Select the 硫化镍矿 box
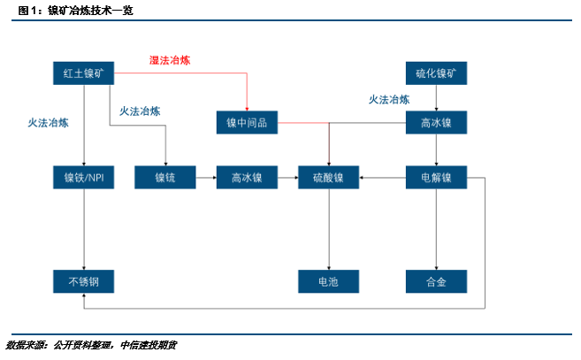[x=435, y=73]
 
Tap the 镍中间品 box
[x=247, y=123]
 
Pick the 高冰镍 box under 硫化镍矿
[x=435, y=123]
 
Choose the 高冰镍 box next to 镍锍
[x=247, y=177]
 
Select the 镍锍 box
[x=164, y=177]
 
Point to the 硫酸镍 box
[x=328, y=177]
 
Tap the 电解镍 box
[x=435, y=177]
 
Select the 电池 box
[x=328, y=282]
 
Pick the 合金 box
[x=435, y=282]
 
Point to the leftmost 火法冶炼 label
[x=48, y=124]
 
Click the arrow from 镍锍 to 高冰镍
[x=205, y=177]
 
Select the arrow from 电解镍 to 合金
[x=436, y=230]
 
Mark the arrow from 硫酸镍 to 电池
[x=328, y=230]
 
